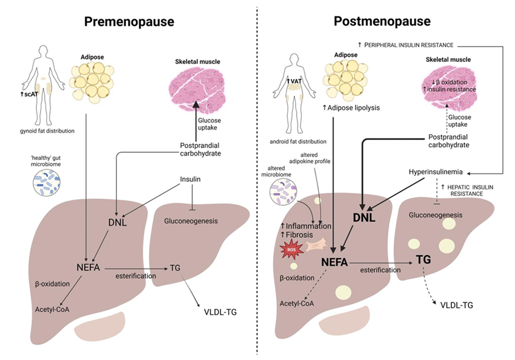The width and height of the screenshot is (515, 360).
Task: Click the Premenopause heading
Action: pyautogui.click(x=128, y=22)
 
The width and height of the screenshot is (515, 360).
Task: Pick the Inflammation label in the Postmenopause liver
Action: pyautogui.click(x=305, y=226)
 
